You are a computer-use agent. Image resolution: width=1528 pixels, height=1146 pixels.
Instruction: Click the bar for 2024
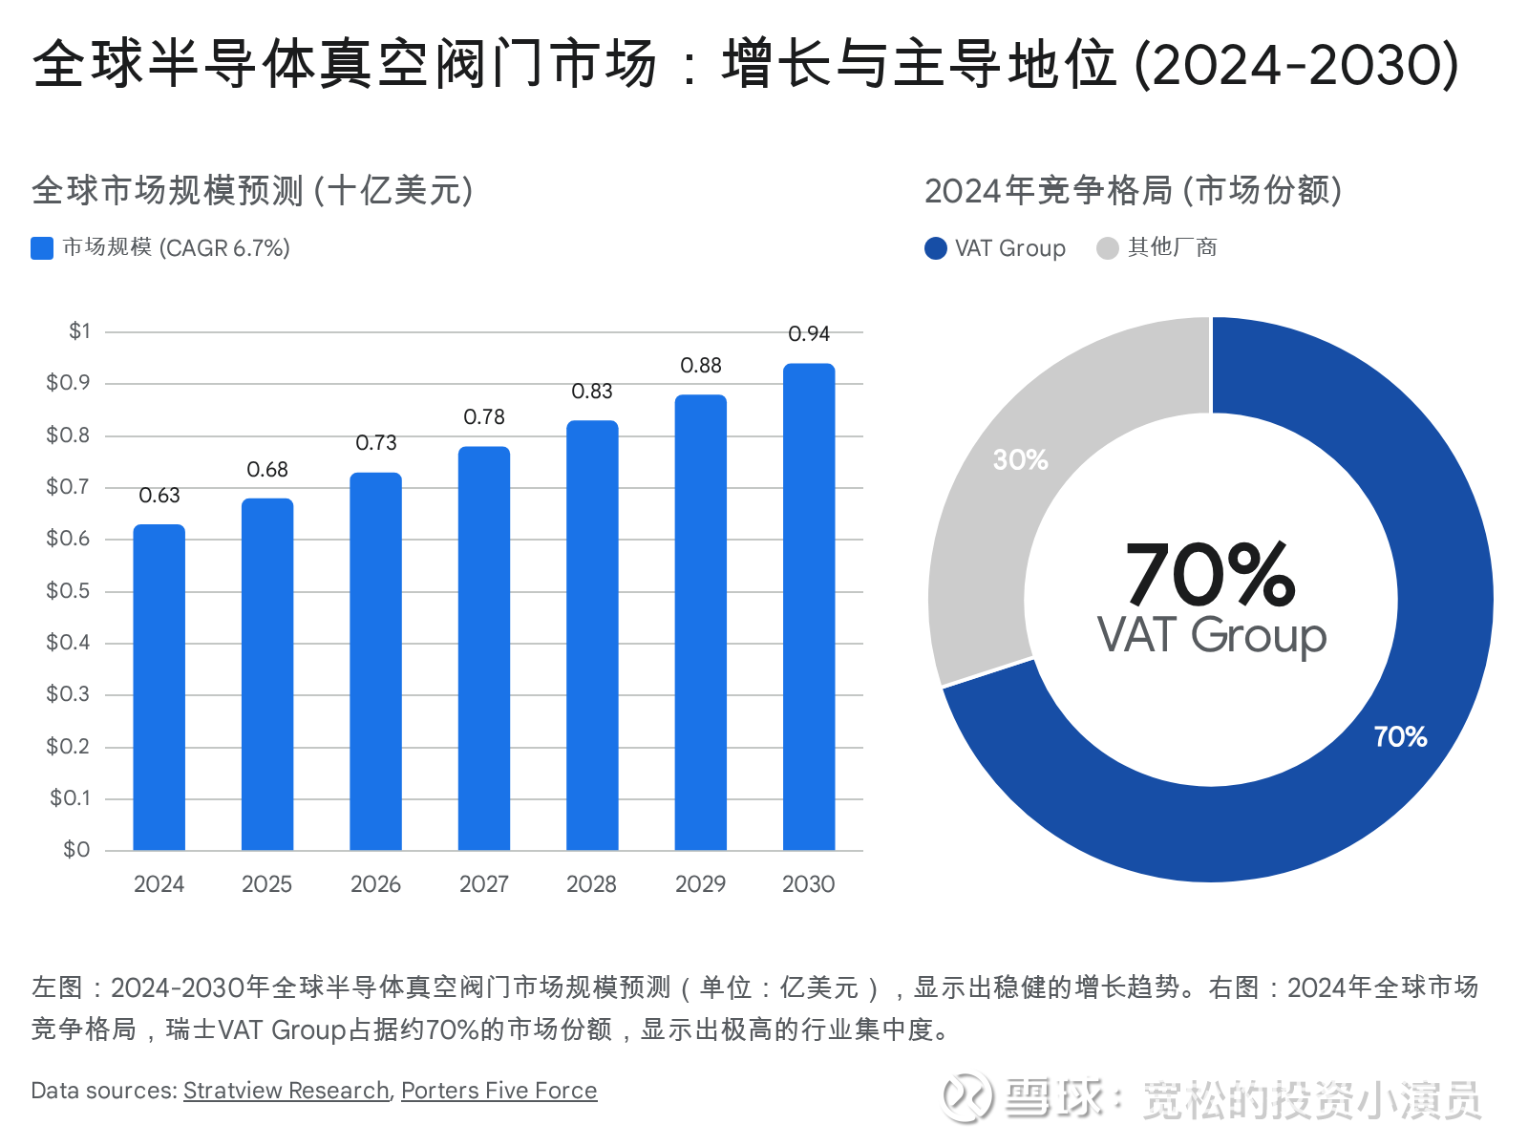pyautogui.click(x=159, y=688)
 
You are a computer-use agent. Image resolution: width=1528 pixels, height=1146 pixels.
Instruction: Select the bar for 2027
pyautogui.click(x=484, y=649)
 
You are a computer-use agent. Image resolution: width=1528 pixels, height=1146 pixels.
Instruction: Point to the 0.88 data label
pyautogui.click(x=701, y=366)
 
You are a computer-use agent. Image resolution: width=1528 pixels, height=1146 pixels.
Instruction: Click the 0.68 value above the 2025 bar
pyautogui.click(x=267, y=470)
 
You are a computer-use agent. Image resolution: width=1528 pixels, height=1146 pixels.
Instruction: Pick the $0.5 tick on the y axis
pyautogui.click(x=68, y=591)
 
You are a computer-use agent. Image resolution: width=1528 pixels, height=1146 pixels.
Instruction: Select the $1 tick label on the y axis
pyautogui.click(x=79, y=331)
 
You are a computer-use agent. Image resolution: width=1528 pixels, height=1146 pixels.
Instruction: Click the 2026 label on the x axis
pyautogui.click(x=375, y=884)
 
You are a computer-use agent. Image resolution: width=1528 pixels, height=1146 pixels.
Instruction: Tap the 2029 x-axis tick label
pyautogui.click(x=701, y=884)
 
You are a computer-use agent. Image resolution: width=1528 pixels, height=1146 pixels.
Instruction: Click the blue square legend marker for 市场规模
pyautogui.click(x=42, y=248)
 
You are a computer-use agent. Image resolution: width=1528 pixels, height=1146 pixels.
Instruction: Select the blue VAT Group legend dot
pyautogui.click(x=936, y=248)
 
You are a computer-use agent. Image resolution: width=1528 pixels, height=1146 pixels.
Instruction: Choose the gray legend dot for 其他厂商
pyautogui.click(x=1108, y=248)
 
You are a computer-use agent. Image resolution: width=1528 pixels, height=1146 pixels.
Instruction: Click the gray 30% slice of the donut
pyautogui.click(x=984, y=535)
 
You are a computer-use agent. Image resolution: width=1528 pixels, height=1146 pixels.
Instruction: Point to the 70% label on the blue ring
pyautogui.click(x=1400, y=736)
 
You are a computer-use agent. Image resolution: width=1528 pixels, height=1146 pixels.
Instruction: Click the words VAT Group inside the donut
pyautogui.click(x=1211, y=636)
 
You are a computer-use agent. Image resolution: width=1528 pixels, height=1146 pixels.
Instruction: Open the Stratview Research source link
pyautogui.click(x=286, y=1091)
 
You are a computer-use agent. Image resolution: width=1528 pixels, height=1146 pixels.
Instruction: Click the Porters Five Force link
pyautogui.click(x=499, y=1091)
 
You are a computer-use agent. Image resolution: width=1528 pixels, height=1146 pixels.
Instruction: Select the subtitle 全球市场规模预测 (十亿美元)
pyautogui.click(x=252, y=191)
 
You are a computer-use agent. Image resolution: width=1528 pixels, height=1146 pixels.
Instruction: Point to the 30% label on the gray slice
pyautogui.click(x=1020, y=460)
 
